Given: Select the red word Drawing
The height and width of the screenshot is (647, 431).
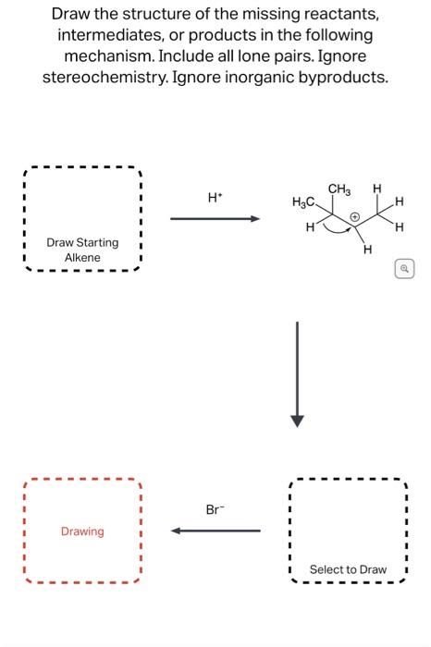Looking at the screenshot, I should pyautogui.click(x=82, y=531).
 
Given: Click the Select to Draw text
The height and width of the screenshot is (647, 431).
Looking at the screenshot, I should pyautogui.click(x=348, y=569).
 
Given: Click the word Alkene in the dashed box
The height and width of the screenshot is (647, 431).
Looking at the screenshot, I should pyautogui.click(x=82, y=257).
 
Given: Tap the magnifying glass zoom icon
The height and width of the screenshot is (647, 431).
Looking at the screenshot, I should pyautogui.click(x=404, y=269).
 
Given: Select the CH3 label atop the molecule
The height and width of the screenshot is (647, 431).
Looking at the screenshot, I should pyautogui.click(x=339, y=190).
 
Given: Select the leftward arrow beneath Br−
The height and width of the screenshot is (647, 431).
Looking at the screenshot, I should pyautogui.click(x=215, y=531).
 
